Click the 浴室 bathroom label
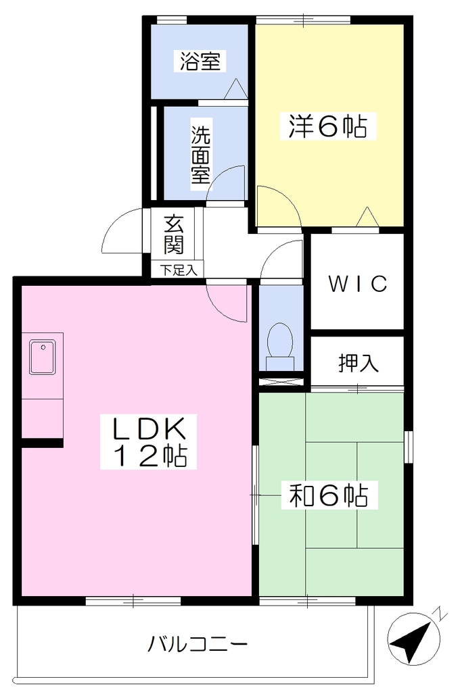pos(200,61)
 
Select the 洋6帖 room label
pos(327,126)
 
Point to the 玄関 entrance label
pos(174,234)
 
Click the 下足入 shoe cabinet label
pos(178,270)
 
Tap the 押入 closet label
pos(359,363)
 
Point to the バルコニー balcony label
pos(197,645)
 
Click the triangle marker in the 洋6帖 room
pos(367,217)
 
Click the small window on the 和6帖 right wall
pos(409,447)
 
